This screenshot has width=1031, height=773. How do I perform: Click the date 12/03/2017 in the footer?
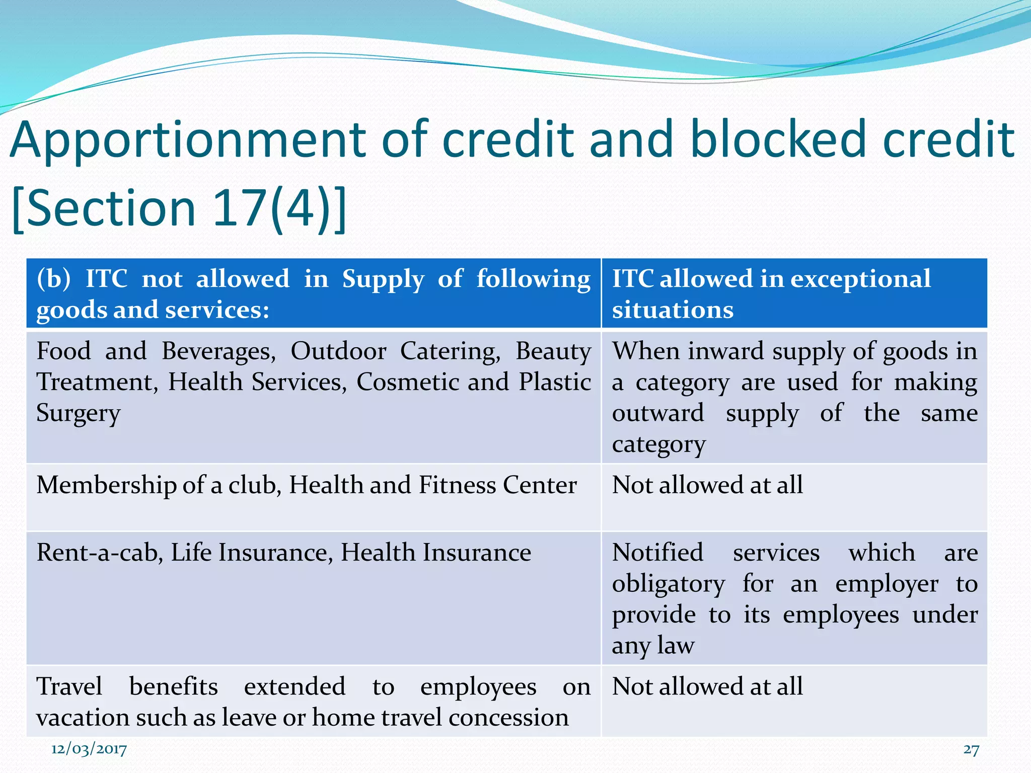click(x=89, y=749)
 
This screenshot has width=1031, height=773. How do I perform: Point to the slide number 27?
click(x=971, y=750)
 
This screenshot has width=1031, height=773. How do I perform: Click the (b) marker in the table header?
click(x=53, y=279)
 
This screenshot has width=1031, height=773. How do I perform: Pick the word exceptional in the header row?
click(x=860, y=278)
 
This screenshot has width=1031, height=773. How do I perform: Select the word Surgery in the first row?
click(x=79, y=414)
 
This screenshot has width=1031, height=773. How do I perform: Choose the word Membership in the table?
click(x=106, y=485)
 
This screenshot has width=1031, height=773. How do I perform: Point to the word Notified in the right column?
click(x=657, y=553)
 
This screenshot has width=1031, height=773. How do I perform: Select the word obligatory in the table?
click(x=669, y=584)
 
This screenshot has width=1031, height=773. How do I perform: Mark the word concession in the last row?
click(x=508, y=718)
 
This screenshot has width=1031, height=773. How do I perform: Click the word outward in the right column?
click(x=658, y=414)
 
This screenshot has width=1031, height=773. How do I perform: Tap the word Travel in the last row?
click(x=69, y=686)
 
